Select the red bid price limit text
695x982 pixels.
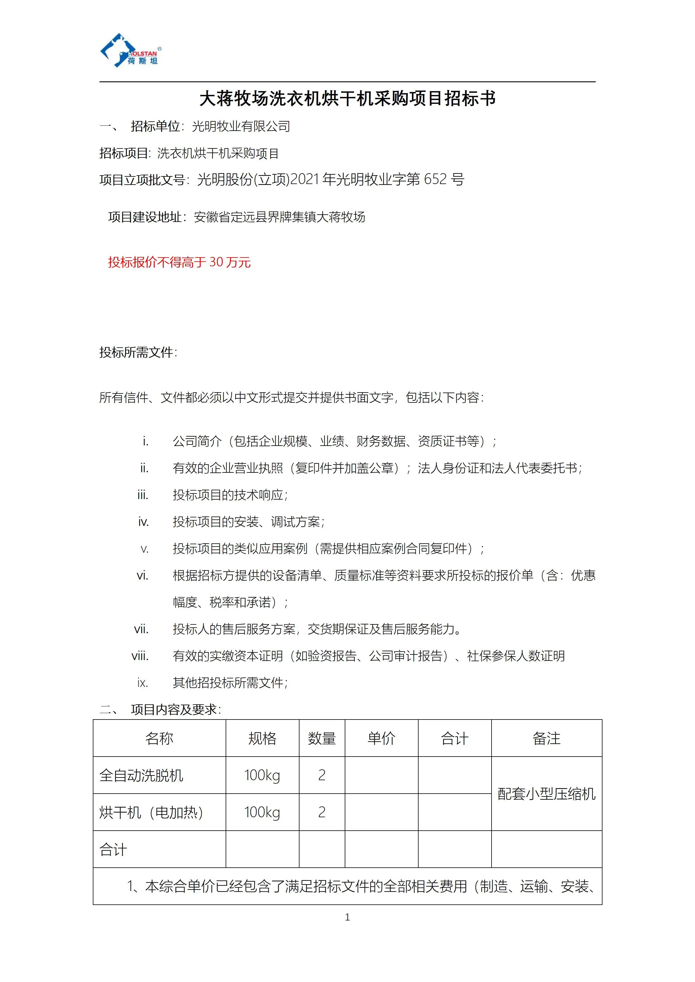click(179, 262)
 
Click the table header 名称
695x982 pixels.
click(159, 739)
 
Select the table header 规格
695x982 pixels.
click(262, 739)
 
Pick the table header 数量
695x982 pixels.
click(322, 739)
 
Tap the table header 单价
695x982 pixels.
click(381, 739)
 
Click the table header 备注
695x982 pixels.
click(546, 739)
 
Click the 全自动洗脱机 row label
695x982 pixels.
click(141, 776)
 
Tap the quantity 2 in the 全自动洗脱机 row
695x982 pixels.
click(322, 776)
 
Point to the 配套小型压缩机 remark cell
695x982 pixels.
click(546, 794)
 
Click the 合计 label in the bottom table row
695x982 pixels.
click(114, 849)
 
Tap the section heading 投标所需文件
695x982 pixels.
click(138, 352)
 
